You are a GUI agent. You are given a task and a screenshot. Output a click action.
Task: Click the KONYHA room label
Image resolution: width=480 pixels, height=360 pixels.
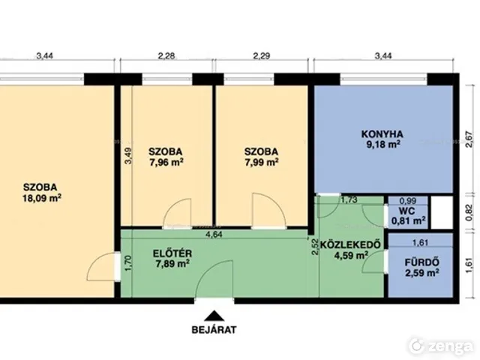coord(382,134)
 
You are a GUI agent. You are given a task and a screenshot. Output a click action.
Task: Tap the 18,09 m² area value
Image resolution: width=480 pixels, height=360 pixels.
coord(42,198)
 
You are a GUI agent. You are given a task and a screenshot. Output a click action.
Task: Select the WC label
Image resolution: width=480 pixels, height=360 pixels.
coord(406,211)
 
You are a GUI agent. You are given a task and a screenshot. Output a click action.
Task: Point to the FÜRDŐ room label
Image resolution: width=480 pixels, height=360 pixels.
coord(421,262)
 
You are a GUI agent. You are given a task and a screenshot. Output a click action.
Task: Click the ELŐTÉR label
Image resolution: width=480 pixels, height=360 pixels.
coord(172,253)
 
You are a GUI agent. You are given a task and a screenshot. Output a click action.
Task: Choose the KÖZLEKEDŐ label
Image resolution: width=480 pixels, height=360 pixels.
coord(350,244)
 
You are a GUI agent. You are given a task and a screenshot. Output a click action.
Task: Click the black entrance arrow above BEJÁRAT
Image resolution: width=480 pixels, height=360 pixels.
coord(214,316)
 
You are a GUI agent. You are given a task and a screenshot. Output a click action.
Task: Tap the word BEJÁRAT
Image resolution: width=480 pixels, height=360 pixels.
coord(214,330)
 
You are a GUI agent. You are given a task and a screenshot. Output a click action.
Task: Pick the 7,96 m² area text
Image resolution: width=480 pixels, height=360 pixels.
coord(166,162)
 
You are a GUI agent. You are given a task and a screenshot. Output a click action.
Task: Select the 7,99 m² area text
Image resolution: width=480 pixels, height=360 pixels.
coord(262,162)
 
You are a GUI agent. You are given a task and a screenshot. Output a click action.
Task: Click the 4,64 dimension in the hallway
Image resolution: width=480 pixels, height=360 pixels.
coord(214,235)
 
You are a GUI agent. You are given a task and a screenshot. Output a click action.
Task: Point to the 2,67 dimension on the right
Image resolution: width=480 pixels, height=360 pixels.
coord(469,139)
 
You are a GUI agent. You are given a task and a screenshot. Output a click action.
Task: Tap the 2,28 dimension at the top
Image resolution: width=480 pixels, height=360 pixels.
coord(166,55)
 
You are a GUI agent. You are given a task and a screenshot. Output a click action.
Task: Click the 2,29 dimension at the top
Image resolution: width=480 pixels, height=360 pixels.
coord(262,55)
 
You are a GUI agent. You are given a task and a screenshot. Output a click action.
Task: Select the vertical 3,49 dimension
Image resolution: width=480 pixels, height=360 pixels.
coord(128,156)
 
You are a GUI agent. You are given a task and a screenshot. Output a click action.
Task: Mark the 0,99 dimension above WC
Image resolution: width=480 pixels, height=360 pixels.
coord(408,201)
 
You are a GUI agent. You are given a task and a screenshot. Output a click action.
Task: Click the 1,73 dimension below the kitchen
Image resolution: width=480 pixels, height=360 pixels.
coord(349,200)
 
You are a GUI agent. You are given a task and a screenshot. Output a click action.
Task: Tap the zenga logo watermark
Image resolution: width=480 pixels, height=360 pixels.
coord(441,346)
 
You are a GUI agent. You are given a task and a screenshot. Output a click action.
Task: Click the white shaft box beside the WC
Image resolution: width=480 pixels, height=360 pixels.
coord(442,212)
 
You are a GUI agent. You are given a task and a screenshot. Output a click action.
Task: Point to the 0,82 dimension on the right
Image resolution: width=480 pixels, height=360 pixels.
coord(469,213)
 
